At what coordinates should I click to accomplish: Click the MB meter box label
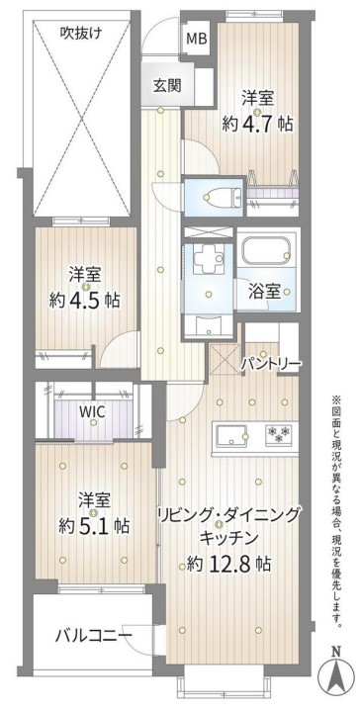coord(197,39)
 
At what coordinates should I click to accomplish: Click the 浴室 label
coord(264,292)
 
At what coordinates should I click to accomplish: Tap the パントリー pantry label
coord(270,363)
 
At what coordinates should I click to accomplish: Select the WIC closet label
coord(92,412)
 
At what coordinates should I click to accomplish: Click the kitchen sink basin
coord(232,436)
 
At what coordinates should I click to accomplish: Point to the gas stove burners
coord(280,434)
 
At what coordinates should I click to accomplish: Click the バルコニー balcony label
coord(94,636)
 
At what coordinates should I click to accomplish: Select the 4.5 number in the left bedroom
coord(86,301)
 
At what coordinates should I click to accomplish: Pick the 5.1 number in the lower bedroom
coord(95,526)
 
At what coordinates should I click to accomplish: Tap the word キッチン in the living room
coord(228,538)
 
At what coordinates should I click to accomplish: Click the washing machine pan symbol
coord(209,259)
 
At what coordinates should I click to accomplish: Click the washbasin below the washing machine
coord(209,325)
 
